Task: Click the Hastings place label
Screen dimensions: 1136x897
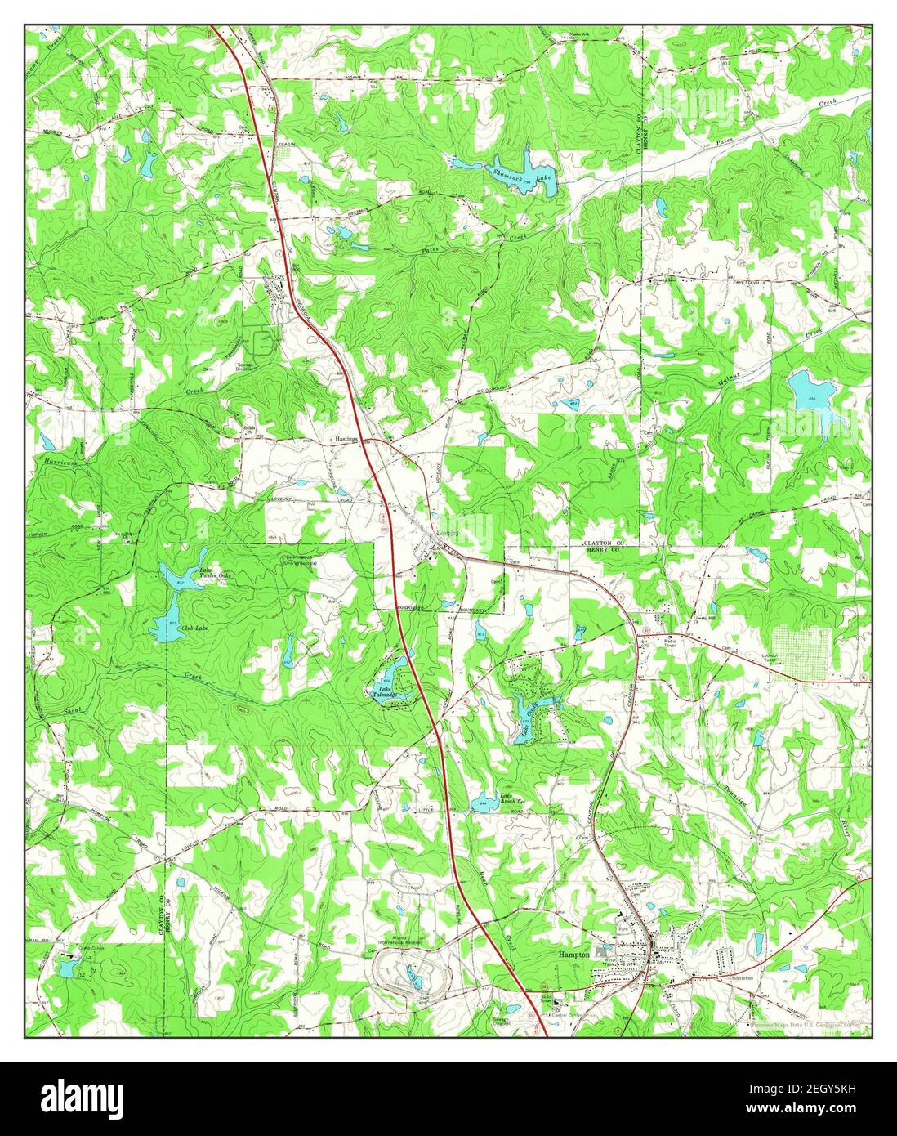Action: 345,439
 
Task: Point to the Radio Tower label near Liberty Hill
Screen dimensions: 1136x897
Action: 673,642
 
